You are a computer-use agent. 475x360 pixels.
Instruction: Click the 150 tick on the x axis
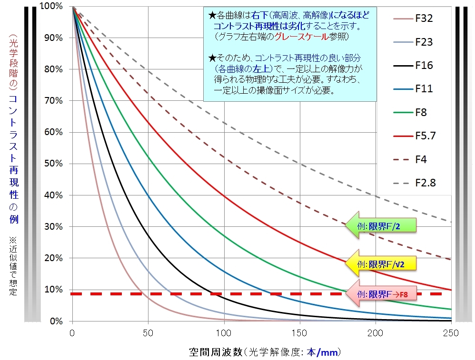pos(299,332)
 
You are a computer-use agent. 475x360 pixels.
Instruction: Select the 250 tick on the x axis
pos(451,332)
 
